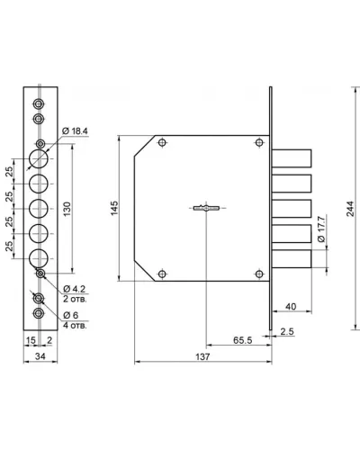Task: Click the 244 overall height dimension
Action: tap(350, 209)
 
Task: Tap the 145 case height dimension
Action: tap(114, 208)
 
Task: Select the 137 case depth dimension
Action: tap(202, 356)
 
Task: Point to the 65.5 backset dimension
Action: tap(243, 340)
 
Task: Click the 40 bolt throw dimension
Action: tap(291, 306)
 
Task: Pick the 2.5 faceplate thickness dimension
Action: tap(287, 331)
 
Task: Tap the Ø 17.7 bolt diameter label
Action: tap(320, 229)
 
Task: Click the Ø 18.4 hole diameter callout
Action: tap(75, 131)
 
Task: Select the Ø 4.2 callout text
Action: tap(75, 289)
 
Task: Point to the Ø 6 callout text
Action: tap(71, 315)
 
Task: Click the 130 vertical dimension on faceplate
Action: tap(67, 209)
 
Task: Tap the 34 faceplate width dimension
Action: tap(40, 356)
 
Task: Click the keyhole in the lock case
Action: tap(206, 208)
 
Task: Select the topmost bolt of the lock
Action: tap(292, 158)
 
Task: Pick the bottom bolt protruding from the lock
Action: tap(292, 258)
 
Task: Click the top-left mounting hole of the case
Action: tap(162, 142)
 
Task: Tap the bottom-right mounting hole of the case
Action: tap(259, 274)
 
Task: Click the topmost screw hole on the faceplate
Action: tap(39, 104)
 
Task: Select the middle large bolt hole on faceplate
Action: tap(39, 209)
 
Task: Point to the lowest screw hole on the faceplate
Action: tap(39, 313)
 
